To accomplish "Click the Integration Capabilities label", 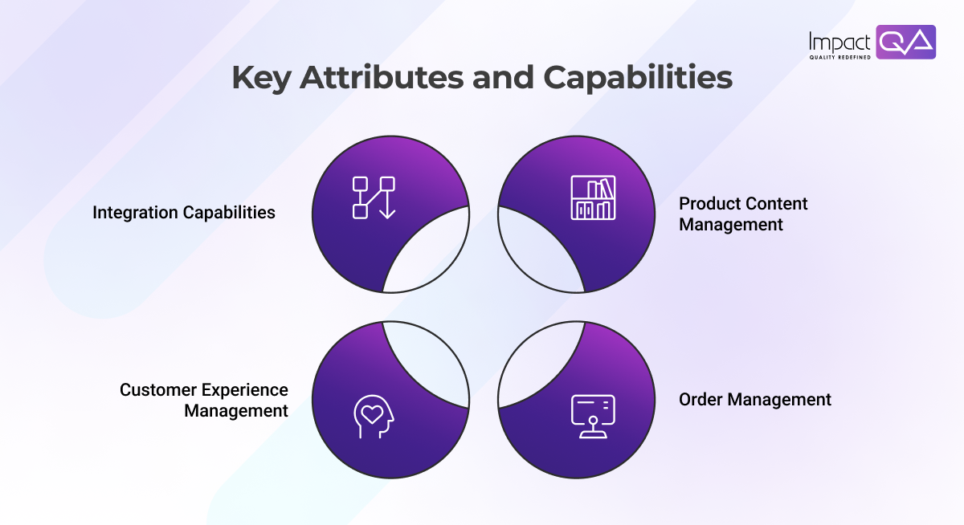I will [x=184, y=213].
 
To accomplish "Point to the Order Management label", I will [x=755, y=399].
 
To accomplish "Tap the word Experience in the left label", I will [x=245, y=390].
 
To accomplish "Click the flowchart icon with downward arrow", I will [x=374, y=197].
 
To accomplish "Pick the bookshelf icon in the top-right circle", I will [x=593, y=197].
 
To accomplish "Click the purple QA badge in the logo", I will [x=905, y=42].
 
